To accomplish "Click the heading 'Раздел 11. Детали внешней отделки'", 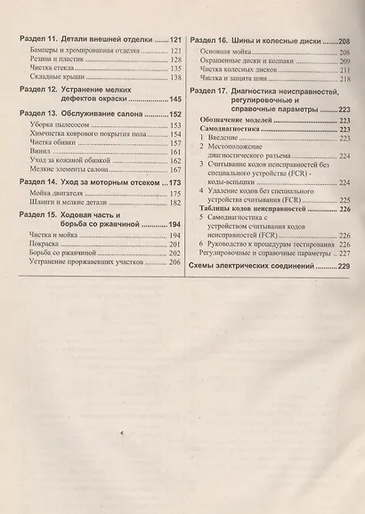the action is [89, 41].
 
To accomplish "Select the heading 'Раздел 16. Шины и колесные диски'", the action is [255, 41].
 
